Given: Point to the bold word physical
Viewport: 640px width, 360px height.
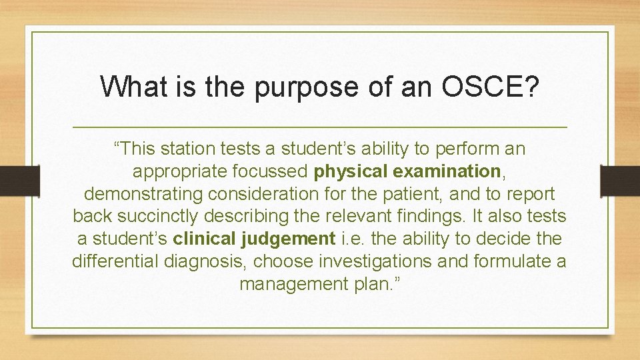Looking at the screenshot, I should [351, 171].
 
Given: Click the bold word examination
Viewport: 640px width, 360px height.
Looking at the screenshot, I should [447, 171].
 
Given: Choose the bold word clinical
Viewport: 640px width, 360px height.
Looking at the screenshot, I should [203, 239].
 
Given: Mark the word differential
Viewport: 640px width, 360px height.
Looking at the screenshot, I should [114, 261].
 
